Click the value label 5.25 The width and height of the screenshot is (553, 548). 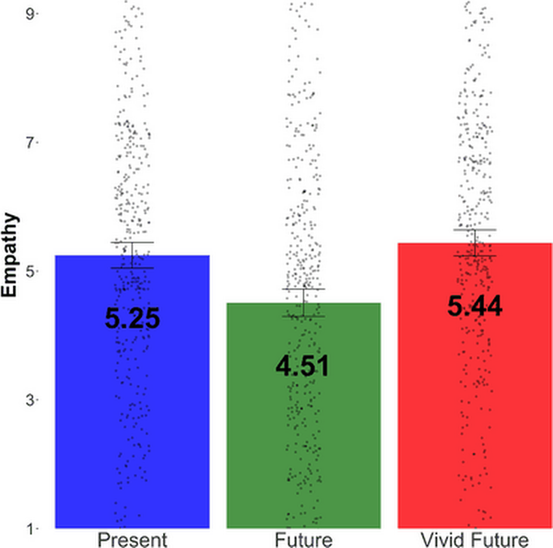133,319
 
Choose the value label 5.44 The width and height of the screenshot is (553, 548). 475,307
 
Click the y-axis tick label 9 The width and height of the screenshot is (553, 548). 31,14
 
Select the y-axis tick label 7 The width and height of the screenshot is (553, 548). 31,143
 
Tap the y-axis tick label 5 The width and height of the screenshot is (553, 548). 31,271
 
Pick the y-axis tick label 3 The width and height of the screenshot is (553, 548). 31,399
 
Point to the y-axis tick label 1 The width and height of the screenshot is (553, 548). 31,528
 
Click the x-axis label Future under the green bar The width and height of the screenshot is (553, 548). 304,539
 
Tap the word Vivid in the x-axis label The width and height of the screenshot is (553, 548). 442,539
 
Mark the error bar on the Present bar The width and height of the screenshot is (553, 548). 133,255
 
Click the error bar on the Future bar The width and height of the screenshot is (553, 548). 304,303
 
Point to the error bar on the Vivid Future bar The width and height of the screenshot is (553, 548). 475,242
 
